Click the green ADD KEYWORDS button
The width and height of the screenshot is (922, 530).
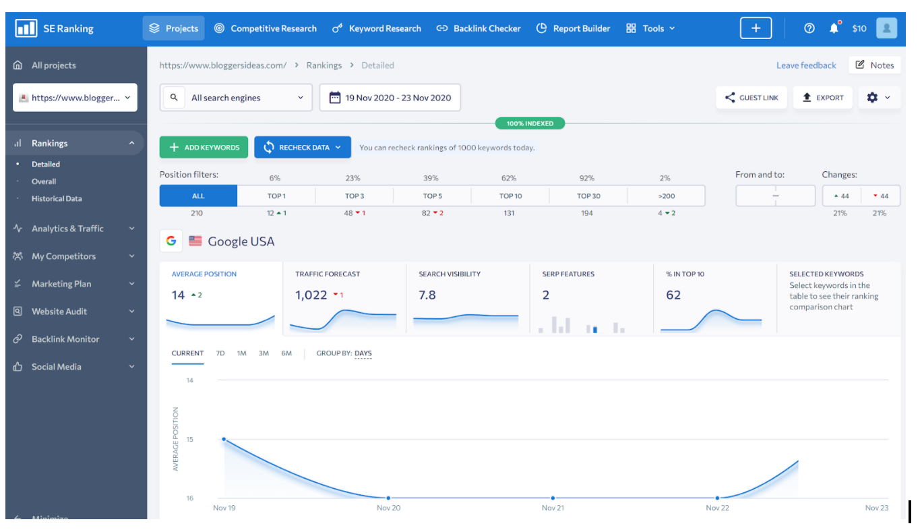(x=204, y=147)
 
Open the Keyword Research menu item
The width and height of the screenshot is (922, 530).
(x=377, y=28)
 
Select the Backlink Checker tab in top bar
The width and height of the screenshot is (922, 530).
(x=479, y=28)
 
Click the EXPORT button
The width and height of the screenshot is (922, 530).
(x=823, y=98)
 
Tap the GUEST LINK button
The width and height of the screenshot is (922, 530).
(x=751, y=98)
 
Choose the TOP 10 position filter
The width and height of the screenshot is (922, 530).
(x=510, y=196)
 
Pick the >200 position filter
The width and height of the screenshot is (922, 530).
(x=666, y=196)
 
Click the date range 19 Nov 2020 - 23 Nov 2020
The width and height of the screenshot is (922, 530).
(x=390, y=98)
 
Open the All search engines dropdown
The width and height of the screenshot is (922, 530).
(x=236, y=98)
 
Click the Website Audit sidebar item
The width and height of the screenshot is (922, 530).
(x=59, y=312)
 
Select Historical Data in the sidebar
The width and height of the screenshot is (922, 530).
(x=57, y=199)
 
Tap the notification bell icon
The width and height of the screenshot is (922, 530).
(x=834, y=28)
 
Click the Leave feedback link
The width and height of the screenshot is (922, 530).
(x=806, y=65)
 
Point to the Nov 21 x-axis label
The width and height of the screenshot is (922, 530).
(x=553, y=508)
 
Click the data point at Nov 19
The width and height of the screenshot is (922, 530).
(x=224, y=439)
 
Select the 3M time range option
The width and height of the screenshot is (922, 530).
(x=264, y=353)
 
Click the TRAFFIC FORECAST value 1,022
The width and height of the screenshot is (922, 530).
(x=311, y=295)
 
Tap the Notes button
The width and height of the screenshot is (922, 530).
(x=875, y=65)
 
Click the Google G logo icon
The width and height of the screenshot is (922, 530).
(x=171, y=241)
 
